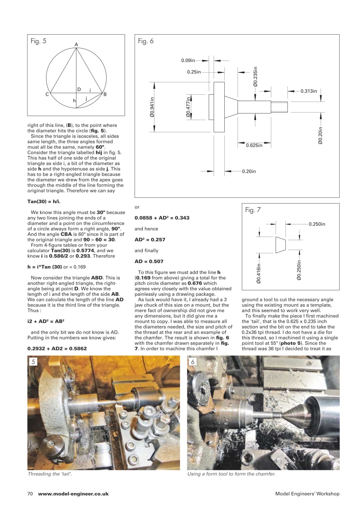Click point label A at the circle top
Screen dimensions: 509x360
76,45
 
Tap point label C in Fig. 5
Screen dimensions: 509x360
47,95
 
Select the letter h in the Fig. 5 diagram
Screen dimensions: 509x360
74,101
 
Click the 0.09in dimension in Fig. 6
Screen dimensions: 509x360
188,60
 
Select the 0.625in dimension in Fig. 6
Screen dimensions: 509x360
254,146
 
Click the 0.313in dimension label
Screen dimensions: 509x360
309,91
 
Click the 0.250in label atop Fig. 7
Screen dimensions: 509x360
317,224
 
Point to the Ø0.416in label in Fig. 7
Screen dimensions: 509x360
259,274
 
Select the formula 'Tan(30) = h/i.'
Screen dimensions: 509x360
43,202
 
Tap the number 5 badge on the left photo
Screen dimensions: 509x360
34,362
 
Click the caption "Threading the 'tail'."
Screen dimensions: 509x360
50,474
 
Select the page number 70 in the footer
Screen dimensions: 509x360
30,494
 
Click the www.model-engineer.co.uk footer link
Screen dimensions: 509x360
73,494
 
